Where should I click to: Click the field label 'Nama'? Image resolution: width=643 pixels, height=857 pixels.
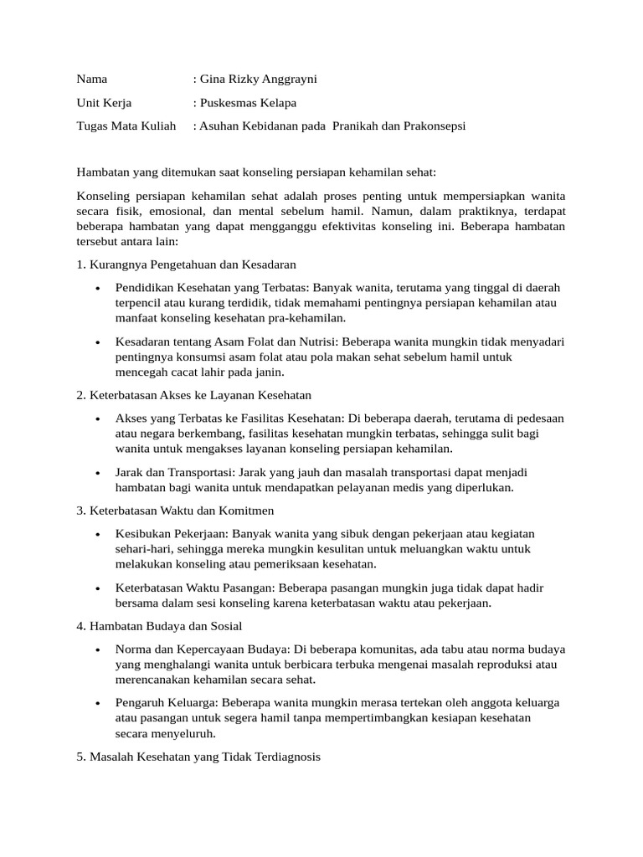click(x=92, y=80)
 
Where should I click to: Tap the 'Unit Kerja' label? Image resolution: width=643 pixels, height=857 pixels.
click(x=104, y=103)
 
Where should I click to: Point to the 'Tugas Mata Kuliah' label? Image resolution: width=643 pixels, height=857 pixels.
click(x=126, y=126)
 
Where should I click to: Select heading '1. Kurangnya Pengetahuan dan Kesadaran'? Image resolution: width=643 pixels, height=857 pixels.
click(x=186, y=264)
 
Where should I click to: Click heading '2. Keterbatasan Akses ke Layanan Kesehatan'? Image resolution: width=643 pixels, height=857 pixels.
click(x=194, y=394)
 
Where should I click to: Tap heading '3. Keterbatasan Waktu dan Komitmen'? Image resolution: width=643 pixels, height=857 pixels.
click(x=175, y=511)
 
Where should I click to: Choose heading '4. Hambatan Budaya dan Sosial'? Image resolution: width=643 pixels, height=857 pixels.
click(x=159, y=626)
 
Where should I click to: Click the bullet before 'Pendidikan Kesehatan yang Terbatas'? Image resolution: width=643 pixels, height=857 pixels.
click(x=98, y=289)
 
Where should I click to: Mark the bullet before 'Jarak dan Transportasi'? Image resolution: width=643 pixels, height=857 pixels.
click(x=98, y=473)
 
